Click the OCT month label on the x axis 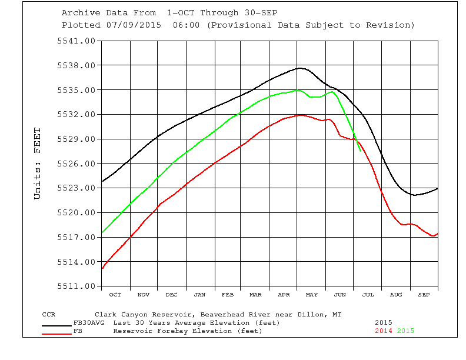coord(115,294)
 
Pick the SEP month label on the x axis coord(424,294)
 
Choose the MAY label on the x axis coord(312,294)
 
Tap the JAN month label coord(199,294)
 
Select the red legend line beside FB coord(57,334)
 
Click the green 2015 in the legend coord(405,331)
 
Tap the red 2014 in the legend coord(384,331)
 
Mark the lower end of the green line coord(361,151)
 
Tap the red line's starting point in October coord(102,268)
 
